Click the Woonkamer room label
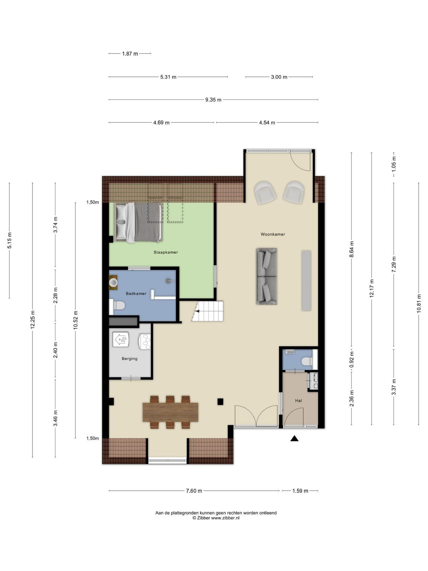click(x=272, y=234)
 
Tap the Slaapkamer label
click(x=165, y=252)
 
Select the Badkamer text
click(x=136, y=293)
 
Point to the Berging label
click(x=129, y=358)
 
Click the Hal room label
click(x=298, y=401)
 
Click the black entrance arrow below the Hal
click(x=294, y=438)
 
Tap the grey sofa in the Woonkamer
click(x=266, y=276)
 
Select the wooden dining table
click(x=170, y=412)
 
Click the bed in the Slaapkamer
click(x=138, y=222)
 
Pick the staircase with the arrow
click(x=208, y=311)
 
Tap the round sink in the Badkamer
click(x=113, y=282)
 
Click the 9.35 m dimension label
click(x=213, y=100)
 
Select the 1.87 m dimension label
click(x=130, y=54)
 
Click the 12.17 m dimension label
click(x=372, y=288)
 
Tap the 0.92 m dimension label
click(x=352, y=359)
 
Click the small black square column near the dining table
click(x=220, y=401)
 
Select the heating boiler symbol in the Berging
click(x=121, y=339)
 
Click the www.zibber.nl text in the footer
click(x=225, y=518)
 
